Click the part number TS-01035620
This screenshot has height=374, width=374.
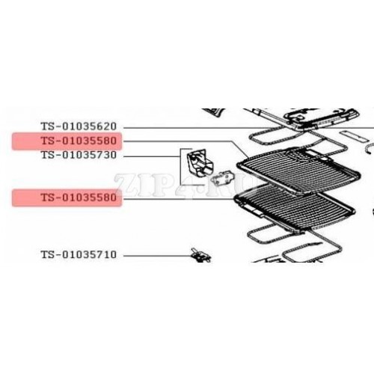(x=79, y=126)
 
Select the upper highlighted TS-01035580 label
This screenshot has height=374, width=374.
(x=79, y=141)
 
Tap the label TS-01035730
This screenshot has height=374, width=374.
(x=79, y=155)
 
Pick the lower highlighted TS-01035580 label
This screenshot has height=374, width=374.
(x=79, y=197)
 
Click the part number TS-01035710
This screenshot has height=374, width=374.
(x=79, y=255)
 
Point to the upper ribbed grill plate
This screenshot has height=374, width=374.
(x=298, y=173)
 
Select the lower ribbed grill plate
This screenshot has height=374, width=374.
(x=294, y=208)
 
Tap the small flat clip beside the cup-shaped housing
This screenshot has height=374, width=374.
(x=222, y=178)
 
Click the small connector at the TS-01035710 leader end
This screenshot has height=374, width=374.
(x=200, y=255)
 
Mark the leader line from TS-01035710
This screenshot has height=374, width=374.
(x=158, y=256)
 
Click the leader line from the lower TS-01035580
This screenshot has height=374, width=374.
(x=179, y=199)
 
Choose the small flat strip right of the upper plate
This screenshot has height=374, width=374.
(x=355, y=135)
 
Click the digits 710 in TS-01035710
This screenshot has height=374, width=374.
(x=106, y=255)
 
